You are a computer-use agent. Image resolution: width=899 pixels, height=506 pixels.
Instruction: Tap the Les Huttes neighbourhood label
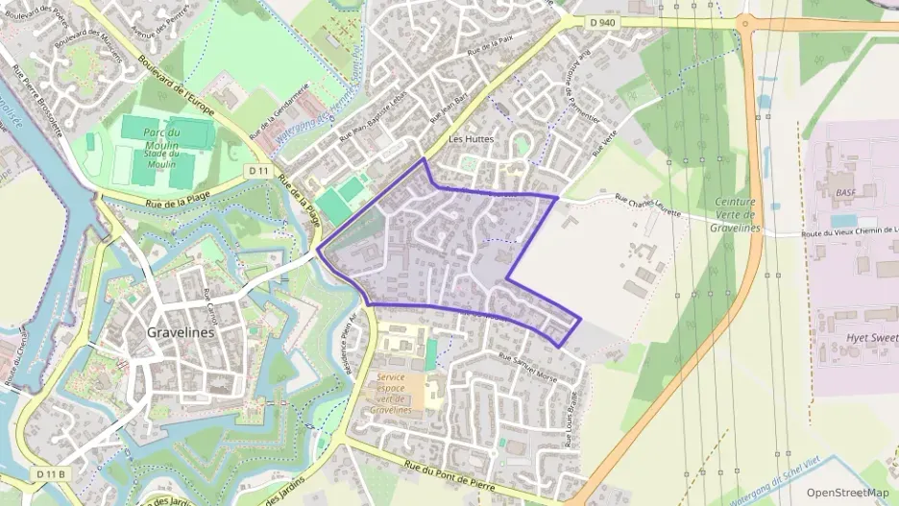click(471, 139)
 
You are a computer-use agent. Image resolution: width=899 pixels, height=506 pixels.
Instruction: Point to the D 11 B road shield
click(49, 474)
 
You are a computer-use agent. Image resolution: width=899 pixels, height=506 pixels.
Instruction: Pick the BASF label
click(845, 193)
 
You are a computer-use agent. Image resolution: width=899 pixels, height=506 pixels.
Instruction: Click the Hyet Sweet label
click(871, 339)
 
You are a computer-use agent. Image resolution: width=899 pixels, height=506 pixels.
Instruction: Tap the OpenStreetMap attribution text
click(847, 493)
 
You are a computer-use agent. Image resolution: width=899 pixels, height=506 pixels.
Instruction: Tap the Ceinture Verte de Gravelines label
click(736, 215)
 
